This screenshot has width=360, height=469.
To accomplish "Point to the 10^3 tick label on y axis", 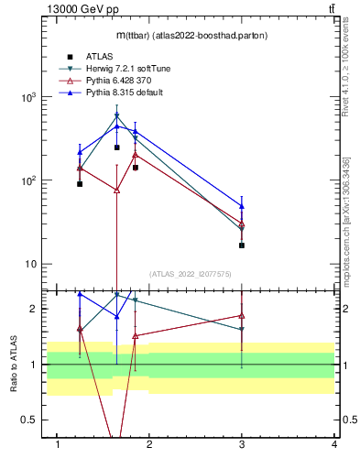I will tap(29, 97).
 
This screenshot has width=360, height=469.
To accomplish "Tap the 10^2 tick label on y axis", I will tap(29, 180).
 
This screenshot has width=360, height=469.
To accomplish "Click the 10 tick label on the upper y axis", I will tap(31, 264).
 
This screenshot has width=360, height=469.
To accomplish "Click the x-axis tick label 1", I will tap(58, 444).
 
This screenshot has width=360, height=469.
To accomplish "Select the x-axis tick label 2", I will tap(150, 444).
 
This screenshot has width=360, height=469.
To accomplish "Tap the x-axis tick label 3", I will tap(242, 444).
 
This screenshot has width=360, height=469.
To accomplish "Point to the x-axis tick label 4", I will tap(334, 444).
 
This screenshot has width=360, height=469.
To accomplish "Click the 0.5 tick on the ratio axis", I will tap(28, 420).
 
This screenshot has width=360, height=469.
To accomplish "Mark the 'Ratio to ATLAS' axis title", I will tap(13, 364).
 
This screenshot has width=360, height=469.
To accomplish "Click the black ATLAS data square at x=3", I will tap(242, 245).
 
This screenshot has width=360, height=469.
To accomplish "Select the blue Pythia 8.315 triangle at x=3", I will tap(242, 206).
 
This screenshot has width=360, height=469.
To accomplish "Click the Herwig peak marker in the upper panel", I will tap(116, 115).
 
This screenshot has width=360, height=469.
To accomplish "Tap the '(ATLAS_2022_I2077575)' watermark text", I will tap(190, 273).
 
